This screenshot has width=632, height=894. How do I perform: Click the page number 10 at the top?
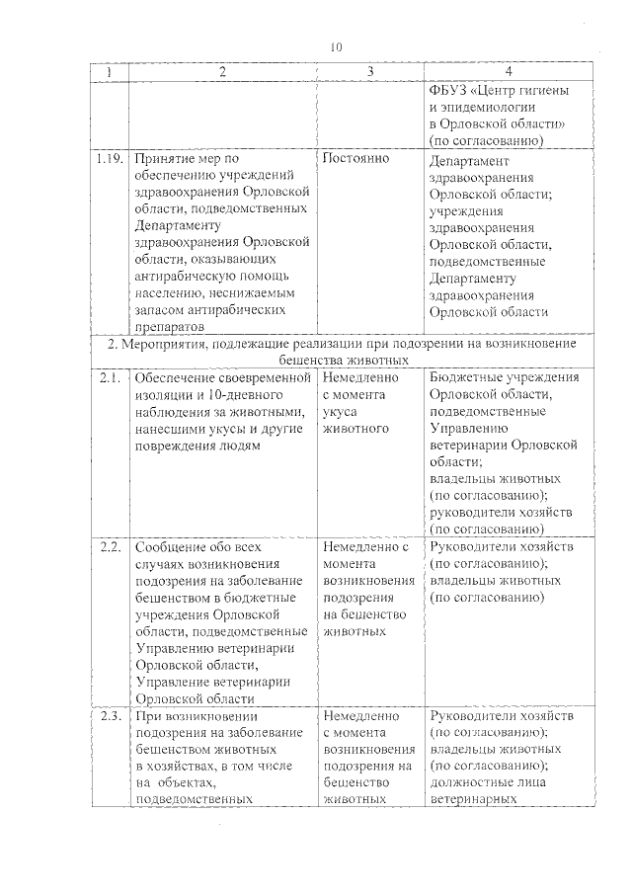tap(337, 46)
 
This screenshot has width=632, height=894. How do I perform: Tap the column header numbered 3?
tap(369, 72)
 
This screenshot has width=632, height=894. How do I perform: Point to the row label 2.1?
tap(109, 377)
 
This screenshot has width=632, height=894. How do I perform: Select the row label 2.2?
tap(109, 546)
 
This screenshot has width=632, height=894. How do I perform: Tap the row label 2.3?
tap(109, 715)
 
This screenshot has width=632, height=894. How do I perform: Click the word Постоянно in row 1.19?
tap(355, 158)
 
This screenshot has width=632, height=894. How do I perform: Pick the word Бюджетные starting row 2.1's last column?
tap(467, 377)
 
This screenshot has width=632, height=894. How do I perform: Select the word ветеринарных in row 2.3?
tap(476, 799)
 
